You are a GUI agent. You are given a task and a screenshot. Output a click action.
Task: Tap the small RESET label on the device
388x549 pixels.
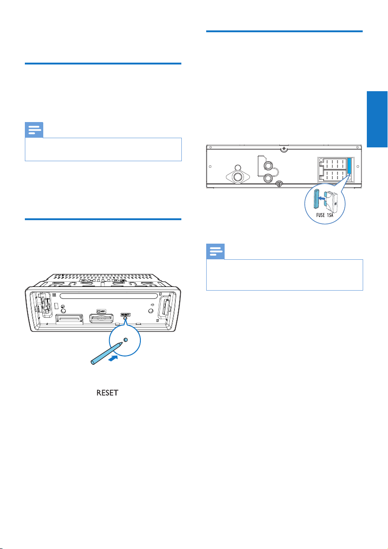coord(125,315)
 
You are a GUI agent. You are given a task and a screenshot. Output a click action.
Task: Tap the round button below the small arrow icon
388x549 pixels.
coord(150,310)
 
